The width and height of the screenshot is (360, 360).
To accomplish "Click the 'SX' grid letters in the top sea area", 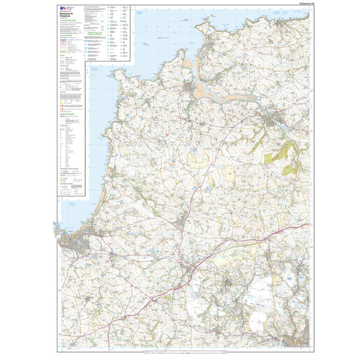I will [285, 13].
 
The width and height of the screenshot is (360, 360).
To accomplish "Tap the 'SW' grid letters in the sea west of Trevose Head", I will [94, 69].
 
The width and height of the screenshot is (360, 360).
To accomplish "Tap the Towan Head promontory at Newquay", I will [58, 230].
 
